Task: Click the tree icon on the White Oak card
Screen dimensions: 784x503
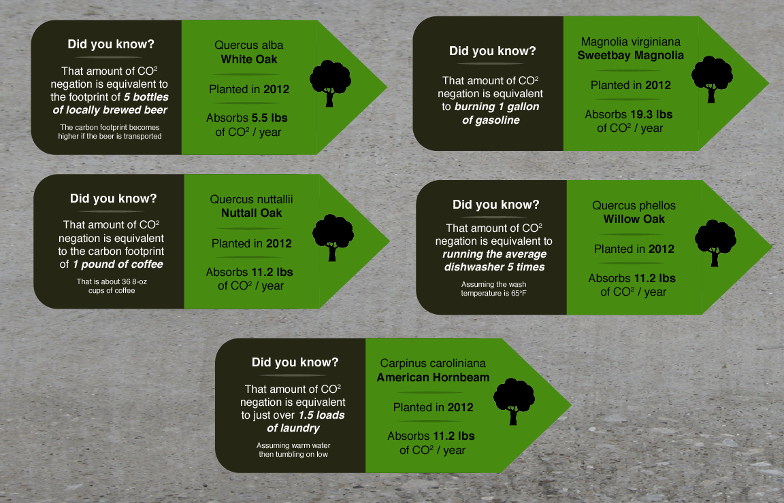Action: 330,84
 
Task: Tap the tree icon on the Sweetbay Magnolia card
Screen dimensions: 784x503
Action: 712,80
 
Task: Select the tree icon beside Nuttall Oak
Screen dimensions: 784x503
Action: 333,238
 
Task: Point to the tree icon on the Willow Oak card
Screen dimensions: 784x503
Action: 715,243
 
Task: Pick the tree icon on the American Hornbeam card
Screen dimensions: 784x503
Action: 514,402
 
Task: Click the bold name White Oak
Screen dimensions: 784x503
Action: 249,59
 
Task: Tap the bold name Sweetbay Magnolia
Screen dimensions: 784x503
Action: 630,56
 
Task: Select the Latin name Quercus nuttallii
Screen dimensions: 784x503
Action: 252,199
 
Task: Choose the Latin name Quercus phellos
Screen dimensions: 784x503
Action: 634,205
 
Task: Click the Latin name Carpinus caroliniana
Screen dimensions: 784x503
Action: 433,363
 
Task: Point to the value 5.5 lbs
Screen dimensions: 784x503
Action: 269,118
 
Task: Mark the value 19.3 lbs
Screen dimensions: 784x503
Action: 651,114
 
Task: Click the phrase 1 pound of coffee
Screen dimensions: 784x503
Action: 118,264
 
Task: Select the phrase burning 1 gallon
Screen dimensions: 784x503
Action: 497,107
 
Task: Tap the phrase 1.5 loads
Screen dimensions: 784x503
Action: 321,415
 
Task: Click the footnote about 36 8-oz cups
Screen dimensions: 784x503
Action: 112,285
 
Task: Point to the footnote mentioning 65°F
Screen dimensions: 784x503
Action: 493,289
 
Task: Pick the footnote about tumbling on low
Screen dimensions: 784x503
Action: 293,449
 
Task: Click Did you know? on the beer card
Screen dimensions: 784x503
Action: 111,44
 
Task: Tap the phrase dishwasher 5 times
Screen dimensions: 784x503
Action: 495,267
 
